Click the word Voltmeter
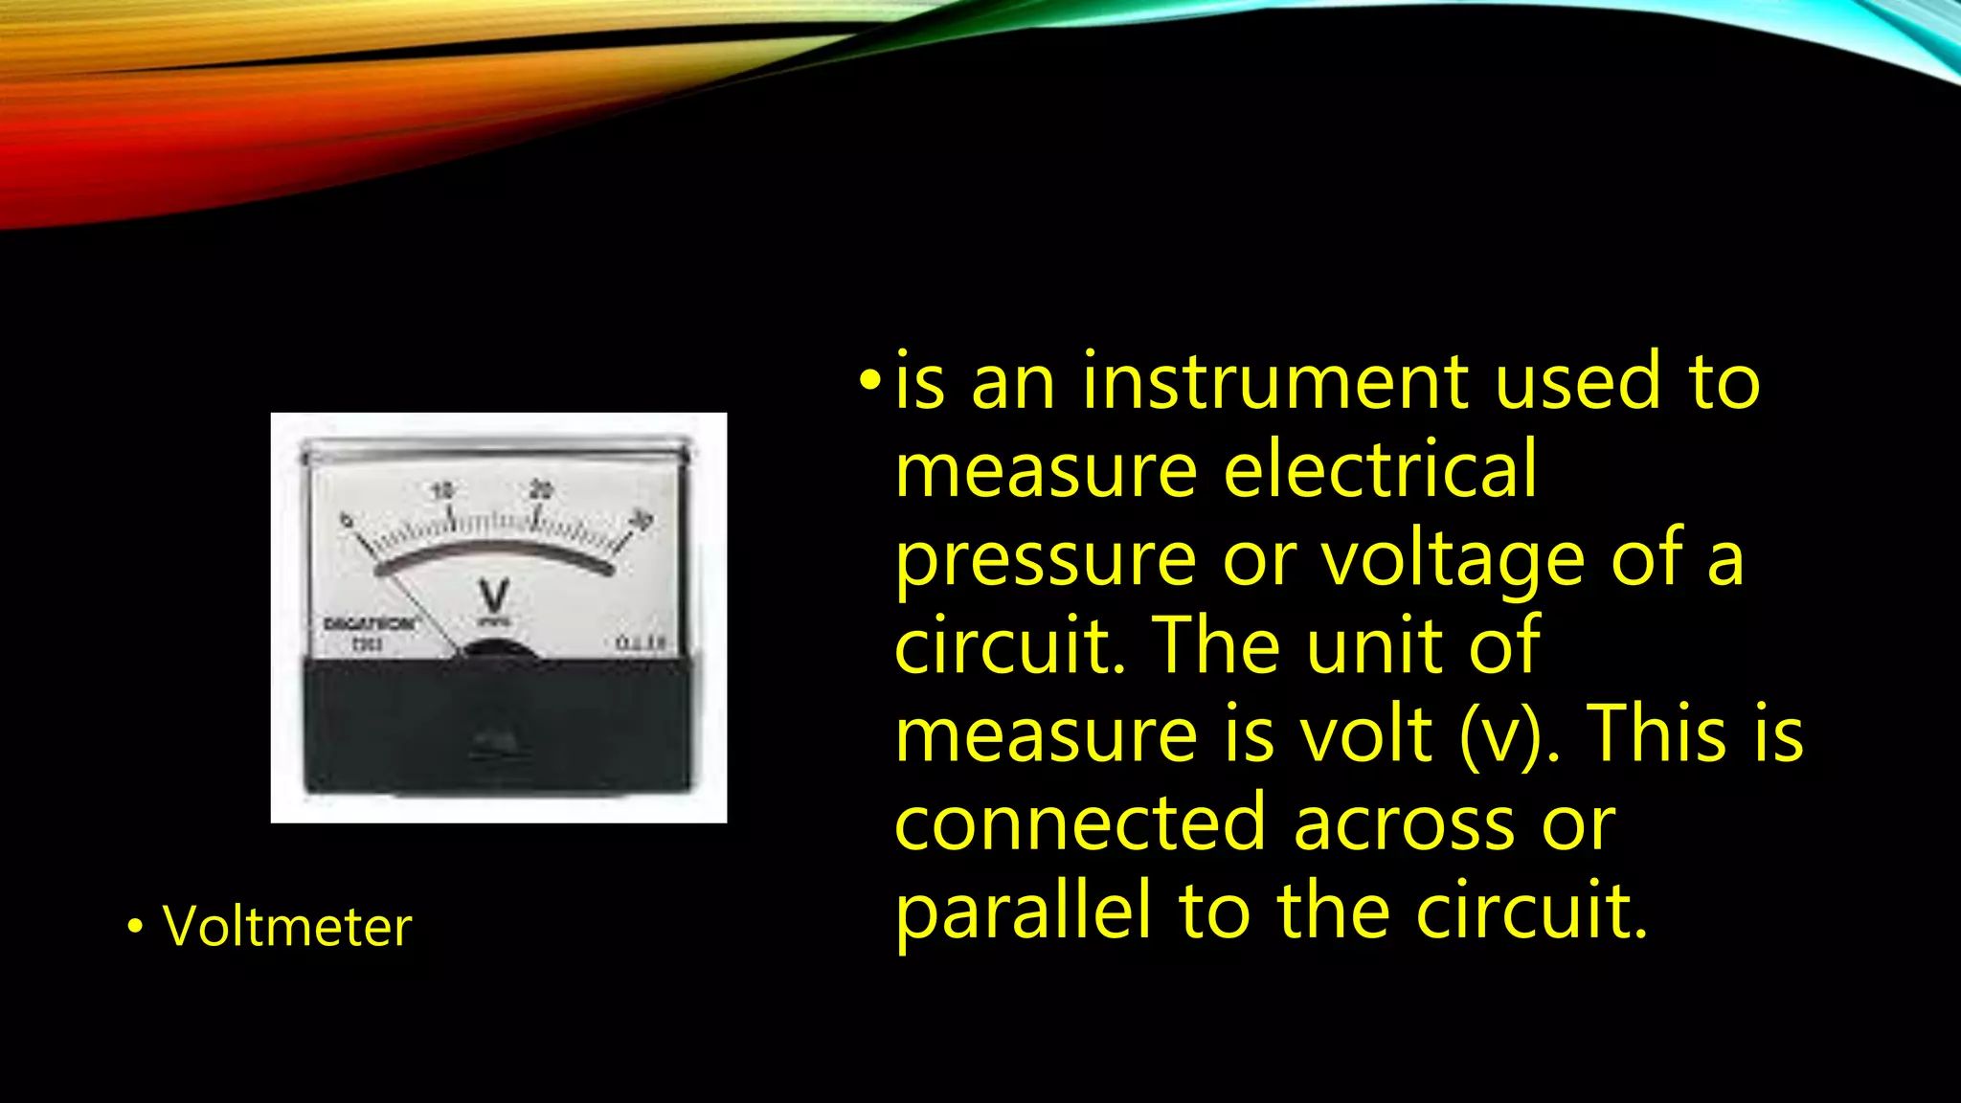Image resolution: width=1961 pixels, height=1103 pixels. pos(287,927)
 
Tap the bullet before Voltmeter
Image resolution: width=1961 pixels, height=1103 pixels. pos(135,927)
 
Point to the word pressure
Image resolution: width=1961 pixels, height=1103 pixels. pos(1046,560)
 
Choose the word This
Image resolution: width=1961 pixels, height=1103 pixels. pos(1659,735)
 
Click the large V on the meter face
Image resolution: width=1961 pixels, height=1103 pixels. pos(494,597)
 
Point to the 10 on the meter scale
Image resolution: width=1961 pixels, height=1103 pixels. pos(441,491)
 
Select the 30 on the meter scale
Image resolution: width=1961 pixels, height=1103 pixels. pos(641,520)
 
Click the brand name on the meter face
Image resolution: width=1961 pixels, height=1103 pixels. pos(371,624)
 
